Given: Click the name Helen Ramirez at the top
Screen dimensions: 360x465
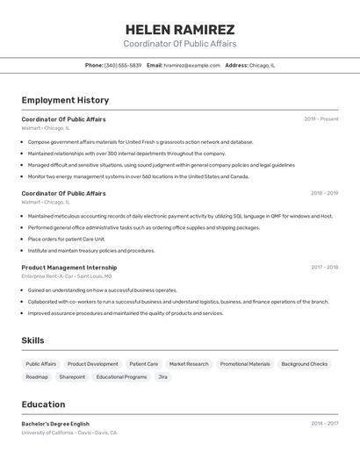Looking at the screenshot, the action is [x=180, y=29].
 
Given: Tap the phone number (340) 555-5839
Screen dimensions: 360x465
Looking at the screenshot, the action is [x=122, y=65].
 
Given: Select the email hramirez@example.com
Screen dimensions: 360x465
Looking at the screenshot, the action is [x=191, y=65].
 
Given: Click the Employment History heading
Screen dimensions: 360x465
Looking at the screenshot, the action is [x=65, y=100].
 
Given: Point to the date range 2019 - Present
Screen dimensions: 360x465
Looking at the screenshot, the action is [x=320, y=119].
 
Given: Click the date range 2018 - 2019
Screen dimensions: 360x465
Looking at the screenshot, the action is [x=324, y=193].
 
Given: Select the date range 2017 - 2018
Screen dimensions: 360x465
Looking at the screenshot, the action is [x=324, y=268].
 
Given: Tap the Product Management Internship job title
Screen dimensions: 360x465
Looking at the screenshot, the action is [x=69, y=268].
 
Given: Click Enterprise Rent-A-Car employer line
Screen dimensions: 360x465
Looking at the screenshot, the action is [x=67, y=276].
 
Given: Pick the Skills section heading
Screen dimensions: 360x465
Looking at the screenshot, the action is [x=32, y=340].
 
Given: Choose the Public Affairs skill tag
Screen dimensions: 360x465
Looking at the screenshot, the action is [x=40, y=364].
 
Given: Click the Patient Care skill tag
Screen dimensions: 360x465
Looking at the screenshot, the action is [x=143, y=364].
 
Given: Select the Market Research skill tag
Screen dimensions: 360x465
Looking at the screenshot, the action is [x=189, y=364].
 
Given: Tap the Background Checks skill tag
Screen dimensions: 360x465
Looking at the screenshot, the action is [x=304, y=364].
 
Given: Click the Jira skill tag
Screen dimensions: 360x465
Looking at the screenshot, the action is [x=162, y=377].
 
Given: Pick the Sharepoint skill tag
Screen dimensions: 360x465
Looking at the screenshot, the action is [x=72, y=377].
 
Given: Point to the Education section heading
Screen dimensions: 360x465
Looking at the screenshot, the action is [x=43, y=404].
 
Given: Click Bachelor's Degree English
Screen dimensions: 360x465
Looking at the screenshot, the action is [x=55, y=424].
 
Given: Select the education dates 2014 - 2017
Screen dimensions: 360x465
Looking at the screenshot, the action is [x=324, y=424].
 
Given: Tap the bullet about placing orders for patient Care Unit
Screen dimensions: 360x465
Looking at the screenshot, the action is [x=66, y=239].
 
